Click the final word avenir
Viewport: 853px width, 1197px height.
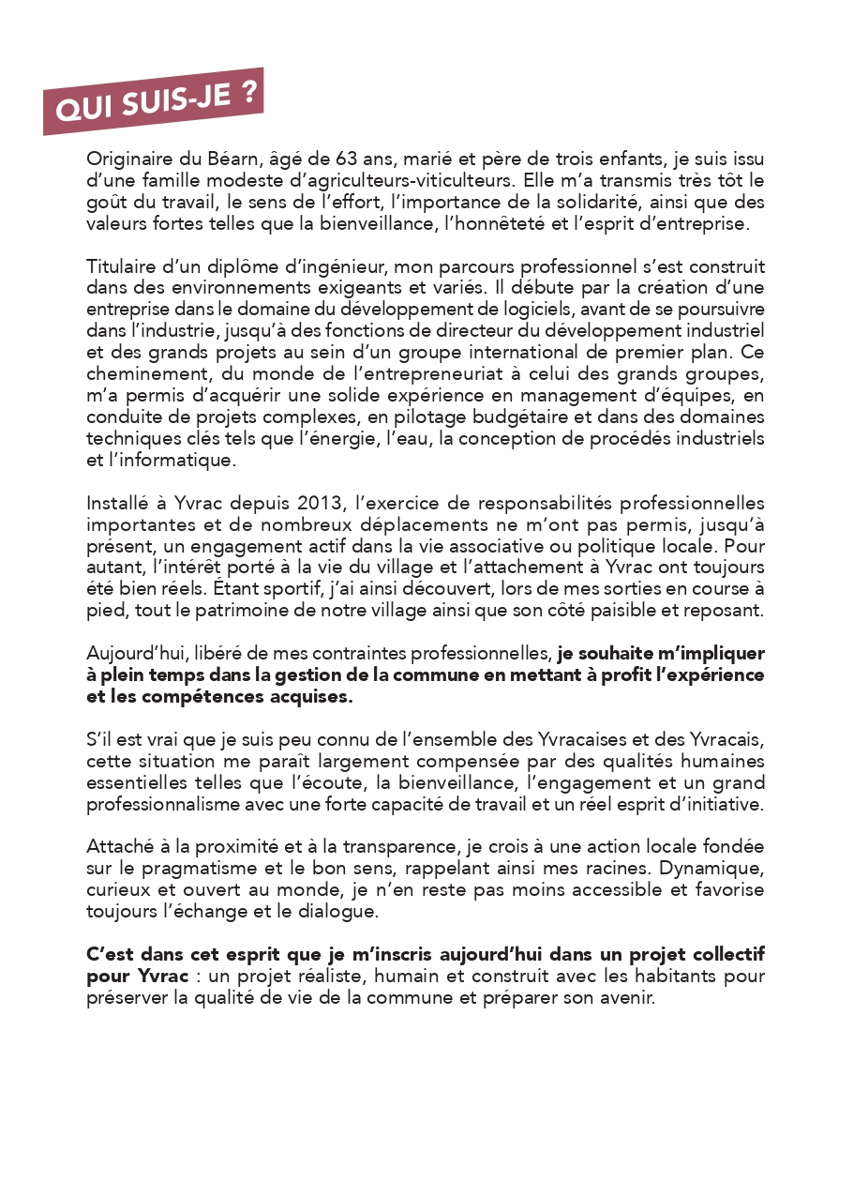627,998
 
